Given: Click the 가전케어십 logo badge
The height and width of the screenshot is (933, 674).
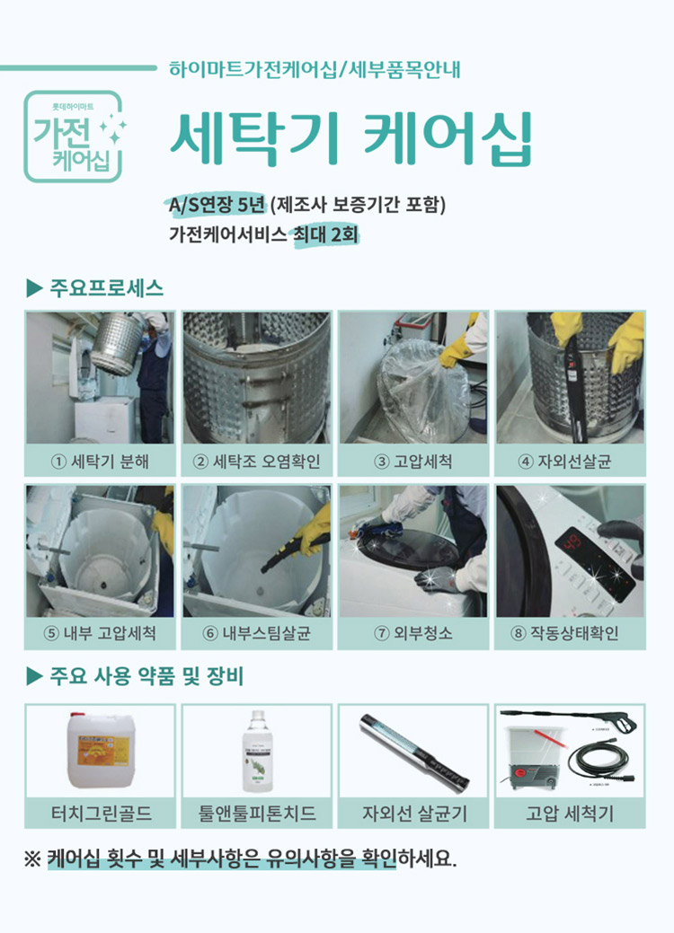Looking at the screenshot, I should (x=74, y=136).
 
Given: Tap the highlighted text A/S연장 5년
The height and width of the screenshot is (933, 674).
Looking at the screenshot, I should (x=217, y=204).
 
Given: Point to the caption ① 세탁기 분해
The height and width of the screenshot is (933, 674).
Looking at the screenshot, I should (x=100, y=462).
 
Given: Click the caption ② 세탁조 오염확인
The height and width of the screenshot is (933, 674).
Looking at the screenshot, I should (x=257, y=462).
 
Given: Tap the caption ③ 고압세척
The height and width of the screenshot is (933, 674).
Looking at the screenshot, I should (x=413, y=462).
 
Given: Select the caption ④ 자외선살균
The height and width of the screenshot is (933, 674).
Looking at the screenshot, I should (x=570, y=462).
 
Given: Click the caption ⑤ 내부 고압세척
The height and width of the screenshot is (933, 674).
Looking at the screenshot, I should (x=100, y=634).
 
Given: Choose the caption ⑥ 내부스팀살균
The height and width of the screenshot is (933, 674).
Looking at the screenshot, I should (x=257, y=634).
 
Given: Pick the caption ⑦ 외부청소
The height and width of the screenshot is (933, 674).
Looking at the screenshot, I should (x=413, y=634).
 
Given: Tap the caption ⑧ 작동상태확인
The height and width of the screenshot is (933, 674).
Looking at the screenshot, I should (x=570, y=634).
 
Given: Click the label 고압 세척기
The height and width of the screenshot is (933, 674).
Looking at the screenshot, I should (x=570, y=814).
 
